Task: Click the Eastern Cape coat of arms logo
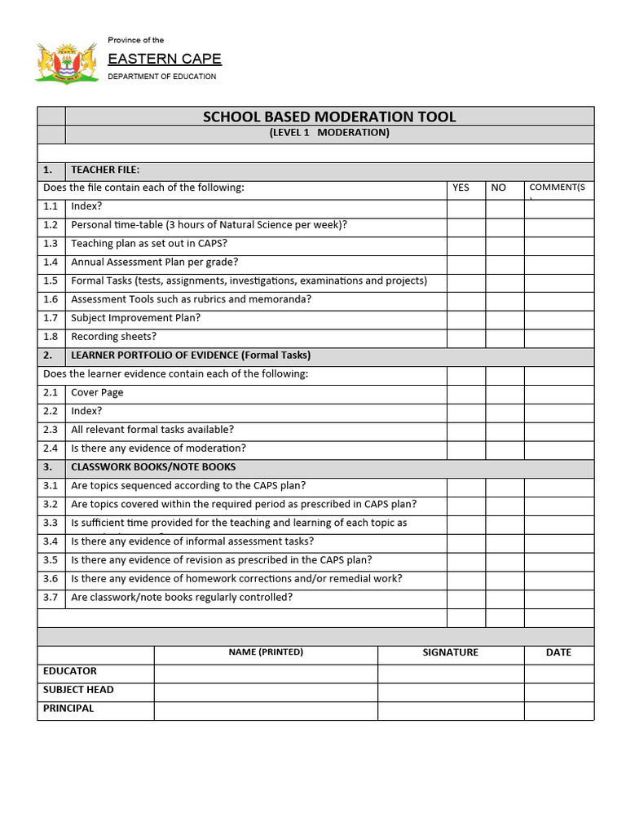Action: [x=67, y=62]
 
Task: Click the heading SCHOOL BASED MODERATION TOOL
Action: [x=329, y=117]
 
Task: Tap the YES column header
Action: [x=461, y=188]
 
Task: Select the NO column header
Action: [x=498, y=188]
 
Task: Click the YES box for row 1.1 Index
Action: [x=466, y=207]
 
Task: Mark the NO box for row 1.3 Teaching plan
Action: [x=505, y=244]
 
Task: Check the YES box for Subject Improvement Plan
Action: [x=466, y=318]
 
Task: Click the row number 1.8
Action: [x=51, y=337]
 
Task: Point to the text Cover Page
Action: [x=97, y=392]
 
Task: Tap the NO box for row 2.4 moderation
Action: [x=505, y=448]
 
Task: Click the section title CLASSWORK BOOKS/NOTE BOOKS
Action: [x=153, y=467]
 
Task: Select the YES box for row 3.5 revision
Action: [x=466, y=560]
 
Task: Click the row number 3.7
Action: [x=51, y=598]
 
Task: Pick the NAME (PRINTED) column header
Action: [x=266, y=652]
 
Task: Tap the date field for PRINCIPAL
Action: [x=558, y=709]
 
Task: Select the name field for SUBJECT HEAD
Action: [x=266, y=691]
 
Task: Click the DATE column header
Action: [x=558, y=652]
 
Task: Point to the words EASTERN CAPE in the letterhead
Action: [x=165, y=59]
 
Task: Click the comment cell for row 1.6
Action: [x=558, y=299]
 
